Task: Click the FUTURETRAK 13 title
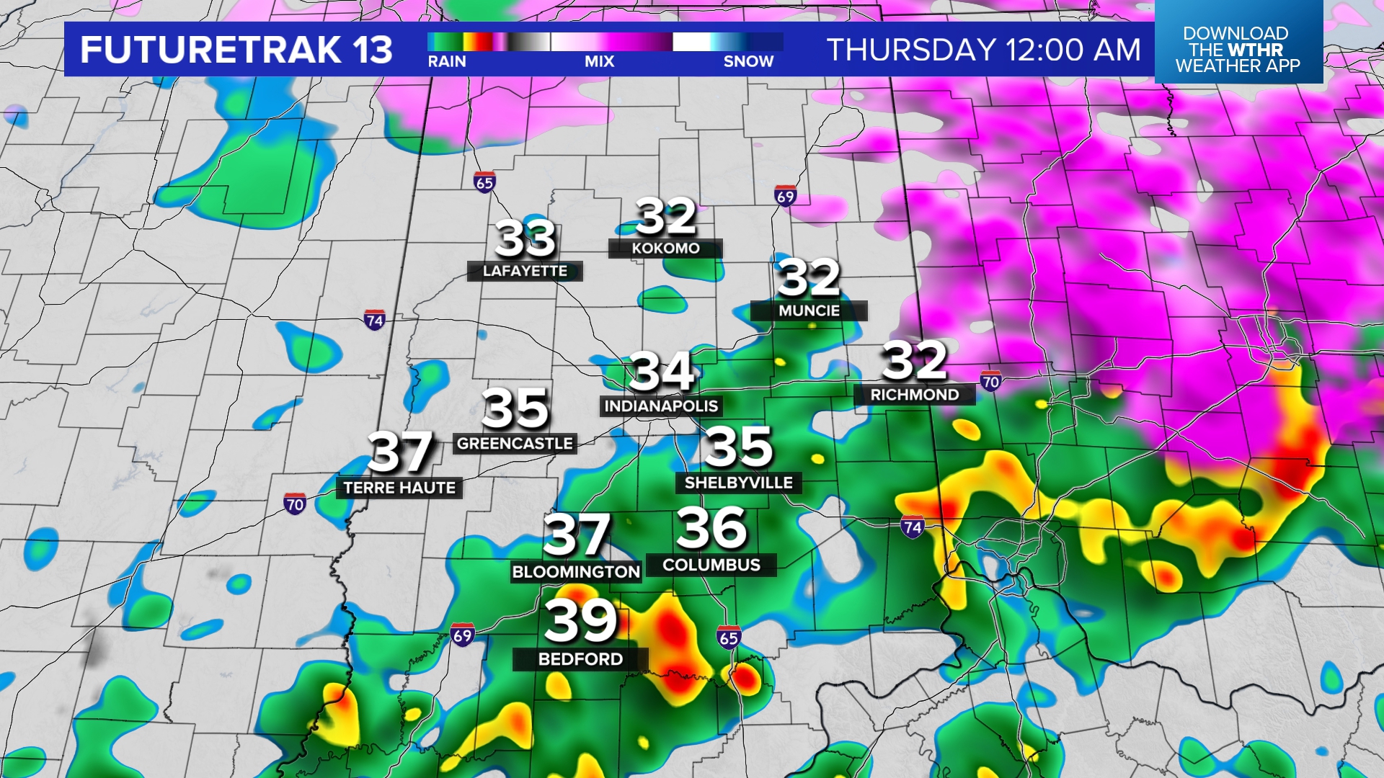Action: (236, 50)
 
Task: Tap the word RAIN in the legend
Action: (447, 62)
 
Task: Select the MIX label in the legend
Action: (599, 62)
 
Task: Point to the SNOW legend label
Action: (748, 62)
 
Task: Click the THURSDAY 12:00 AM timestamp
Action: (983, 50)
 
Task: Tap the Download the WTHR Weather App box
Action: (1238, 49)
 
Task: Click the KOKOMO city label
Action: (665, 249)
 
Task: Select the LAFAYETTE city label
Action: (525, 272)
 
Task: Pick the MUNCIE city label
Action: (809, 311)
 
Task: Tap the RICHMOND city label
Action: (914, 395)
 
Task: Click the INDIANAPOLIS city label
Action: (661, 406)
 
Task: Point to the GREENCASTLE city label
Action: (515, 444)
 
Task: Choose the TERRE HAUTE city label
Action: (399, 488)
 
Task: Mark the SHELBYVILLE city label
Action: (738, 483)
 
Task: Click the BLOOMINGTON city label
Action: (576, 572)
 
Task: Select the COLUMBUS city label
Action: (711, 565)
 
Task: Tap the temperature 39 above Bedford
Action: (580, 620)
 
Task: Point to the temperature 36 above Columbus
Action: (711, 528)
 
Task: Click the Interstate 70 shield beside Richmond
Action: (990, 381)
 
